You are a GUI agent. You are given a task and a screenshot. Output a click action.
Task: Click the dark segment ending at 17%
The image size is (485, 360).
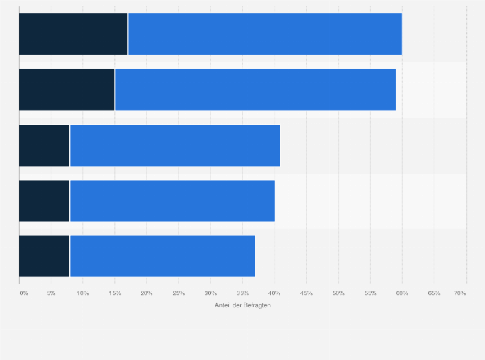73,34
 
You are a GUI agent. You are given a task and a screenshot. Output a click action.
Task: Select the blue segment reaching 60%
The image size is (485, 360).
265,34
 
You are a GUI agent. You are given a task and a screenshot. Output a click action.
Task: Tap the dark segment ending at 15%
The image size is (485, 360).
67,89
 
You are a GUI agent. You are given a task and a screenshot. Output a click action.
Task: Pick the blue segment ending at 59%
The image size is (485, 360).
255,89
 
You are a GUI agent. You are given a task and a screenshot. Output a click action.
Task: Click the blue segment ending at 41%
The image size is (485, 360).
175,145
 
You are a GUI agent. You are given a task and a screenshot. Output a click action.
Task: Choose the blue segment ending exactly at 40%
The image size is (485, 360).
172,201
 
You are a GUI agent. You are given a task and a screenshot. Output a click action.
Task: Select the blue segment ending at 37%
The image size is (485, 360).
163,256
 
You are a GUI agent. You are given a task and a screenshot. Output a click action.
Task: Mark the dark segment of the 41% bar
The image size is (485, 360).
44,145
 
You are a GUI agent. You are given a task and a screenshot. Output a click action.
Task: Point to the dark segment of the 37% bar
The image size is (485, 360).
44,256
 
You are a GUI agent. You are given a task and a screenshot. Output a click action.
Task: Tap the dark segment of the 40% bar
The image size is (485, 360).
44,201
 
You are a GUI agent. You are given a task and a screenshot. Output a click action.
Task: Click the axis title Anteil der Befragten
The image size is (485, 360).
243,305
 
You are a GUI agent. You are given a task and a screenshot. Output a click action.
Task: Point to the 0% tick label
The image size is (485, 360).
24,293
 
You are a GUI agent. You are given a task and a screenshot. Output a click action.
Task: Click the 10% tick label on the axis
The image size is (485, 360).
83,293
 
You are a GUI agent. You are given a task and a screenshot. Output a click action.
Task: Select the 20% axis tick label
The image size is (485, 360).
147,293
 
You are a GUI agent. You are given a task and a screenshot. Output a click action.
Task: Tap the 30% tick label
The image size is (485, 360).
210,293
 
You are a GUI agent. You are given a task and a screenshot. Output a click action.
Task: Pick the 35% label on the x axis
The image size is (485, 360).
243,293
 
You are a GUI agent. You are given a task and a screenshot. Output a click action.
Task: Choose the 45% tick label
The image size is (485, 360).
306,293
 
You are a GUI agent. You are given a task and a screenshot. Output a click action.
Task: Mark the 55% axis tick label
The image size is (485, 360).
370,293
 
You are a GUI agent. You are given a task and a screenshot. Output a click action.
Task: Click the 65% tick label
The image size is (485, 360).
434,293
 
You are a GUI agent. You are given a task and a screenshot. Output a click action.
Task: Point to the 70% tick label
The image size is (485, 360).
459,293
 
